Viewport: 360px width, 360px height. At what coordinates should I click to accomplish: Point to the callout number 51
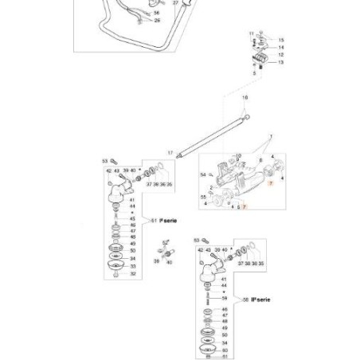pos(153,220)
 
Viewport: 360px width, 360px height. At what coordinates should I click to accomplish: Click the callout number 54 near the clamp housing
pos(204,174)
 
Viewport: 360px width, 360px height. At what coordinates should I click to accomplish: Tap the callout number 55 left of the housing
pos(203,196)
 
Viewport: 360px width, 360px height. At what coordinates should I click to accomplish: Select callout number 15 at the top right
pos(280,39)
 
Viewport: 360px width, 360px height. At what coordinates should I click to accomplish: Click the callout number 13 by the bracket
pos(280,61)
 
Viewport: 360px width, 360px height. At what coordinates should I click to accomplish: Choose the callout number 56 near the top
pos(156,13)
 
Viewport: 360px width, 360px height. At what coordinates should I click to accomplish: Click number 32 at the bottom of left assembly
pos(132,273)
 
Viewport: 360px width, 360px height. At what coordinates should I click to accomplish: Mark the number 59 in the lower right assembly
pos(225,299)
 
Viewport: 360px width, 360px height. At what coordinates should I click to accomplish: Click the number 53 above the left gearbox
pos(105,160)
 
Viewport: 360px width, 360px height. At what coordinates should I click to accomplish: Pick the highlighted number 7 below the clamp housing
pos(245,206)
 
